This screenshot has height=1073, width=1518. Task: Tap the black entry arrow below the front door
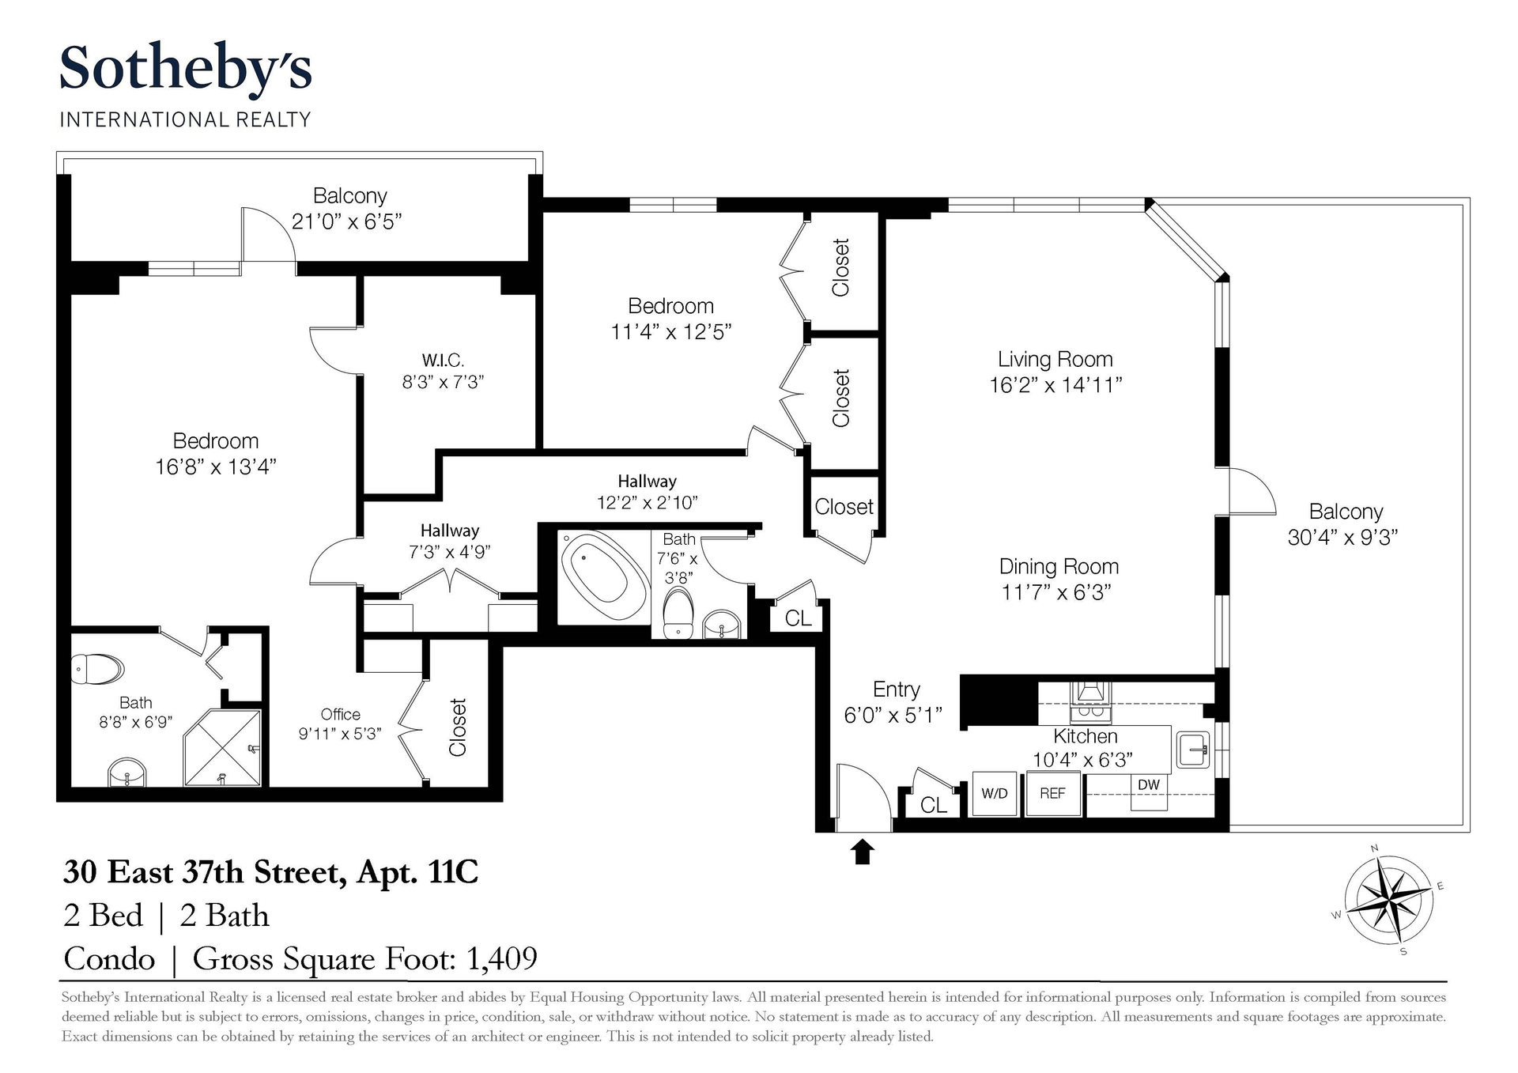[x=863, y=852]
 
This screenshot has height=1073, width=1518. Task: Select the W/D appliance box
[x=994, y=793]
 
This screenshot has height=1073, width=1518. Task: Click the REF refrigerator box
[x=1052, y=793]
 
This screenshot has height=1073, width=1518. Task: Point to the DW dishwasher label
[x=1149, y=785]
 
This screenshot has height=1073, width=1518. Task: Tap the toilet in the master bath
[x=97, y=669]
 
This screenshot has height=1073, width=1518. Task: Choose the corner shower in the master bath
[x=222, y=747]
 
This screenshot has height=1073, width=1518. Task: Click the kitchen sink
[x=1192, y=750]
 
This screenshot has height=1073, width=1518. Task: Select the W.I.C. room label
[x=443, y=361]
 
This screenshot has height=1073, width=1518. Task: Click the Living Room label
[x=1055, y=359]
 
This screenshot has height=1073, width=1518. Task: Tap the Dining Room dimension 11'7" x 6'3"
[x=1056, y=592]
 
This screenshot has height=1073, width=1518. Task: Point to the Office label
[x=341, y=714]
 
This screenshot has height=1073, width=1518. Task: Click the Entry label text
[x=896, y=690]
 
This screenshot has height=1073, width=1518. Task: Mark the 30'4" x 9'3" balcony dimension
[x=1342, y=538]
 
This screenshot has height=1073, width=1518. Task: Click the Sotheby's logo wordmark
[x=186, y=70]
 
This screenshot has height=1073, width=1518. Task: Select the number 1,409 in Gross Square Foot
[x=502, y=958]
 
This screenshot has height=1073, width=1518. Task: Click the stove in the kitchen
[x=1091, y=702]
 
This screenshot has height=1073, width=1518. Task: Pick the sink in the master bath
[x=126, y=773]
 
